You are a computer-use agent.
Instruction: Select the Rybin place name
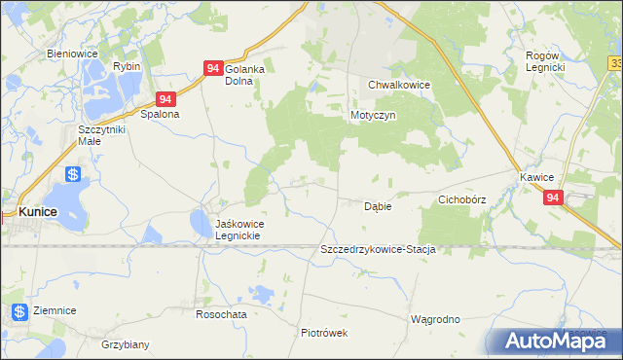tap(127, 65)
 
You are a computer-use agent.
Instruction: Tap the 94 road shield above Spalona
tap(166, 99)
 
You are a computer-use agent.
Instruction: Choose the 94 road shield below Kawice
tap(553, 198)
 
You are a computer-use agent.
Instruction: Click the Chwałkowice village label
tap(399, 85)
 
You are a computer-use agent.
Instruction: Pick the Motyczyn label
tap(371, 114)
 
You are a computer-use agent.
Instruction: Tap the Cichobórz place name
tap(461, 199)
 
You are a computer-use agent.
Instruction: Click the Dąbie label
tap(378, 206)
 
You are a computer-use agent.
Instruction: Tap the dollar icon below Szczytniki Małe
tap(73, 175)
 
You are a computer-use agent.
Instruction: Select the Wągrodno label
tap(434, 319)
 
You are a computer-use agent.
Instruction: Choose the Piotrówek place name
tap(324, 332)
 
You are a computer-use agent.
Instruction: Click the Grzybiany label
tap(126, 344)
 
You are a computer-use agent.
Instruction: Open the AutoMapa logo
tap(554, 341)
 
